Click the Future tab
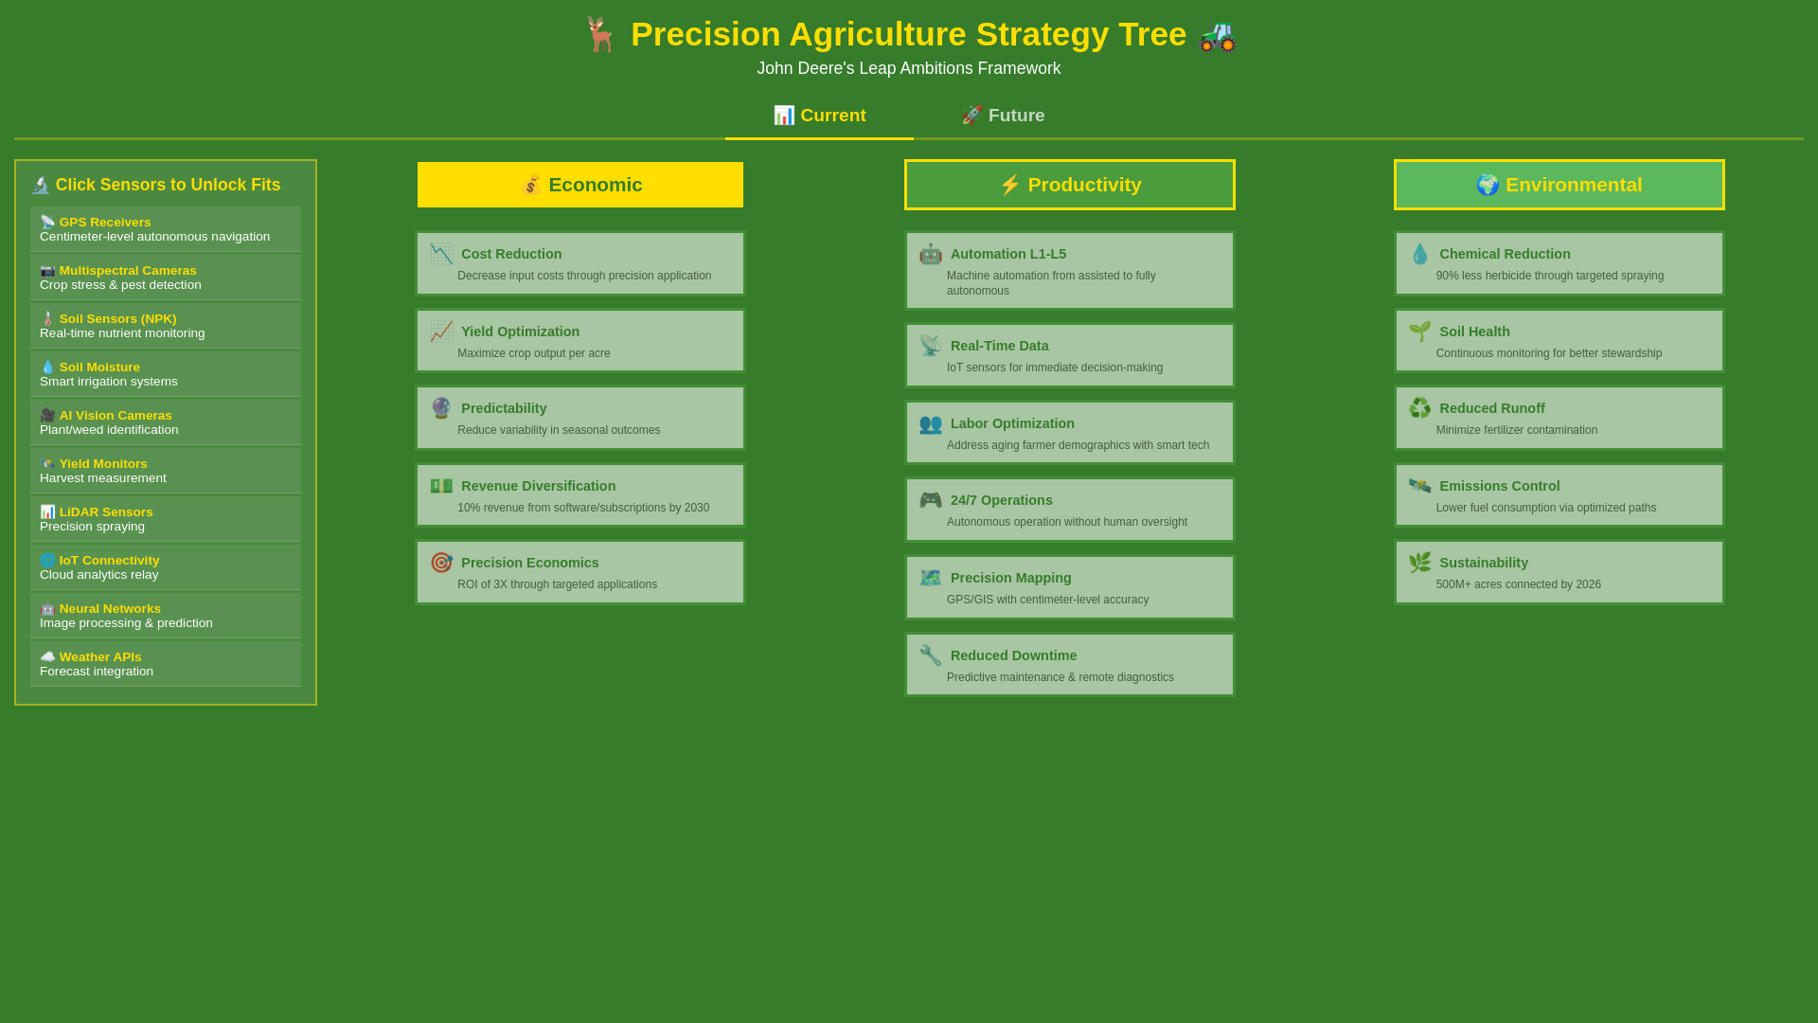click(1003, 116)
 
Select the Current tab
click(819, 116)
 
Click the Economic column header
click(580, 185)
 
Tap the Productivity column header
click(1070, 185)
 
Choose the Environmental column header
click(1560, 185)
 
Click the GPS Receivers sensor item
click(166, 229)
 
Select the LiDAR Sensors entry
click(166, 519)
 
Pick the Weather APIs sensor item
click(166, 664)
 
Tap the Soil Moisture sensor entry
click(166, 374)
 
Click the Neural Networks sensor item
click(166, 616)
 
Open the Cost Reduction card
click(580, 263)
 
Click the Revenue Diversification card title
click(538, 486)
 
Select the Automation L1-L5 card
click(1070, 271)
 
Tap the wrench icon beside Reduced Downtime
click(931, 655)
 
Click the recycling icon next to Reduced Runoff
click(1420, 408)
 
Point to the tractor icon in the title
click(1218, 35)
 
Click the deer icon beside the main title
click(600, 35)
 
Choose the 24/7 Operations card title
click(1001, 500)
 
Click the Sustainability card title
click(1484, 563)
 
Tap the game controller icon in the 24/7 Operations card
click(931, 500)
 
